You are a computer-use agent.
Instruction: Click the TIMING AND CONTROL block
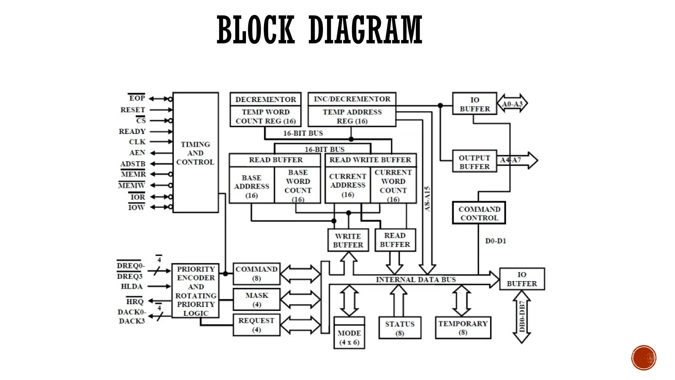tap(195, 153)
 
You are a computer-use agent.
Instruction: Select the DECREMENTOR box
tap(266, 99)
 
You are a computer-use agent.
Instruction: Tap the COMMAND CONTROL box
tap(479, 213)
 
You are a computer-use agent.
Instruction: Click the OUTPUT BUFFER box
tap(475, 162)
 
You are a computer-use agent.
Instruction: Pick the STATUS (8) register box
tap(400, 328)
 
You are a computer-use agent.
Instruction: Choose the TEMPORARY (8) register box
tap(463, 328)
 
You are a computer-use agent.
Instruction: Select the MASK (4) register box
tap(256, 300)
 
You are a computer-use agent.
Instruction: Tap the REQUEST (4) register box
tap(256, 325)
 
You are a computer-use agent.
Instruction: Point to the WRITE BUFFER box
tap(348, 240)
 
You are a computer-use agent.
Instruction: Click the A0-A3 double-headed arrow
tap(512, 104)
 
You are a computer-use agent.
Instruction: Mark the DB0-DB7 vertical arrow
tap(522, 317)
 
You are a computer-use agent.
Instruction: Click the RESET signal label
tap(133, 110)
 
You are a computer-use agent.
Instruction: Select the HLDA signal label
tap(132, 286)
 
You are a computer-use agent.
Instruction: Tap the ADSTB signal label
tap(133, 164)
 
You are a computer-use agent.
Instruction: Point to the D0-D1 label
tap(495, 241)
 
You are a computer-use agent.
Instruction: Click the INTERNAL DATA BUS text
tap(416, 280)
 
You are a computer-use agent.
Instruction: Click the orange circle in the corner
tap(644, 358)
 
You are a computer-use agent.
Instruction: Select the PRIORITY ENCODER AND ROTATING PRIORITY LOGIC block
tap(195, 291)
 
